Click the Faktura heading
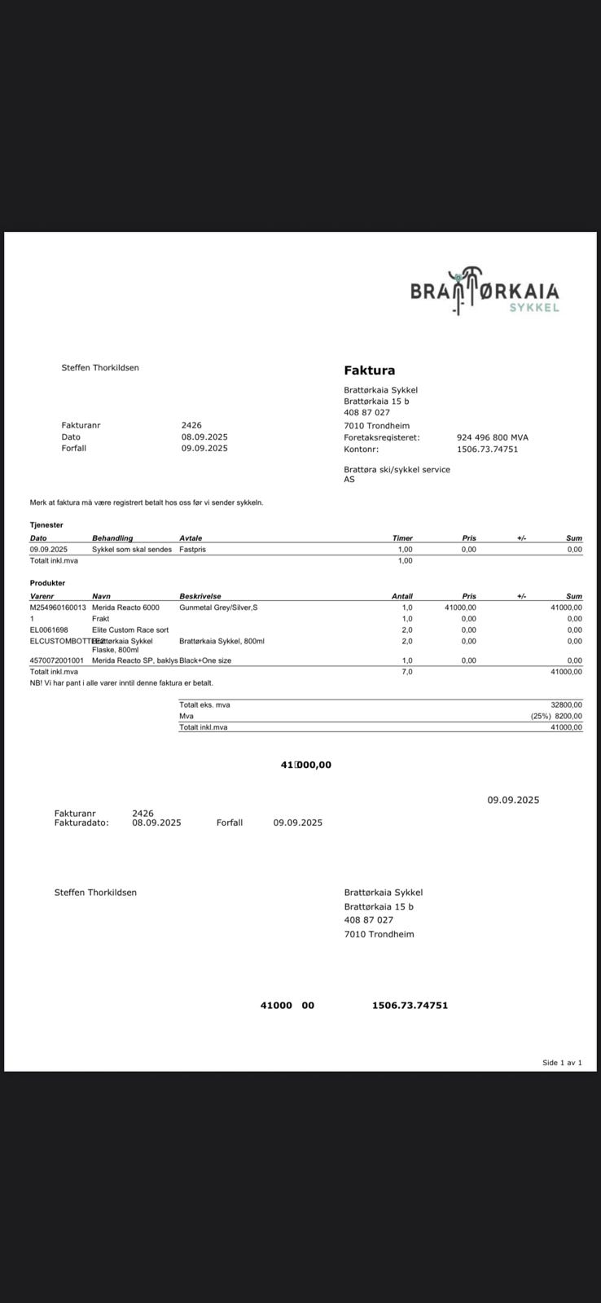pyautogui.click(x=369, y=371)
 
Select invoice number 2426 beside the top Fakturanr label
pyautogui.click(x=191, y=425)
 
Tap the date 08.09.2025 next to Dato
pyautogui.click(x=204, y=437)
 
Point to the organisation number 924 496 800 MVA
pyautogui.click(x=492, y=437)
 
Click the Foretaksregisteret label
pyautogui.click(x=381, y=437)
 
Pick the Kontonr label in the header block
pyautogui.click(x=361, y=450)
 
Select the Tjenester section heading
pyautogui.click(x=46, y=525)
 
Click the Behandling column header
pyautogui.click(x=112, y=538)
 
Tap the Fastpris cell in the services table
pyautogui.click(x=192, y=550)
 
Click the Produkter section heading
pyautogui.click(x=47, y=583)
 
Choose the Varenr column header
pyautogui.click(x=42, y=596)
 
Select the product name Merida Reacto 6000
pyautogui.click(x=125, y=608)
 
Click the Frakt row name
pyautogui.click(x=100, y=619)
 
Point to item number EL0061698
pyautogui.click(x=49, y=630)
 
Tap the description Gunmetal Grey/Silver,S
pyautogui.click(x=218, y=608)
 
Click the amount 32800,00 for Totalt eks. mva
pyautogui.click(x=566, y=705)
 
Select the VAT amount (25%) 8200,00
pyautogui.click(x=556, y=717)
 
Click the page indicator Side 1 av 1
pyautogui.click(x=562, y=1063)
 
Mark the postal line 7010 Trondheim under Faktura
pyautogui.click(x=376, y=426)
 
